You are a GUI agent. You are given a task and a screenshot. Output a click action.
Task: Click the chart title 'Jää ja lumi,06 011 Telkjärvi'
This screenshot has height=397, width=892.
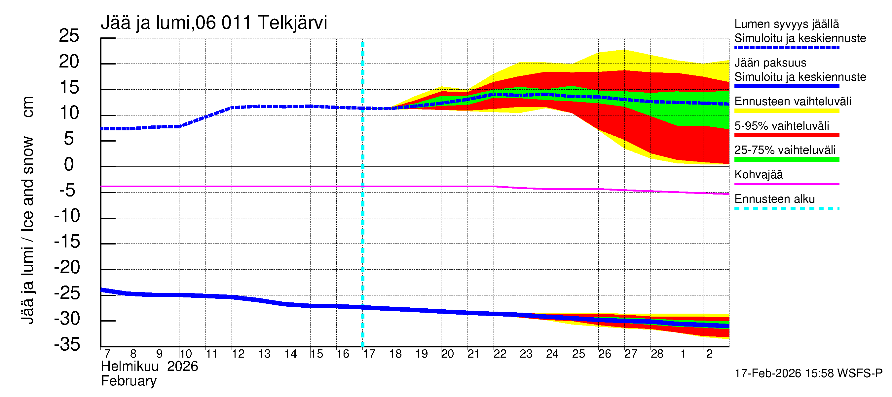tap(214, 23)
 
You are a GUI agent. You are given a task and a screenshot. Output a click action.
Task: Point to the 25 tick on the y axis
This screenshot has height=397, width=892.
tap(69, 36)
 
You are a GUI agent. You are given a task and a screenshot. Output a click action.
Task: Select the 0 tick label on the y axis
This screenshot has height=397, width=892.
tap(69, 164)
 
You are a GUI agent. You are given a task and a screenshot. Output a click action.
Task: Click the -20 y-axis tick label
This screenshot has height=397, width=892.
tap(67, 267)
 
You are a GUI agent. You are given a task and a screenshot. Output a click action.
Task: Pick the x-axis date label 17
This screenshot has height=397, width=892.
tap(369, 354)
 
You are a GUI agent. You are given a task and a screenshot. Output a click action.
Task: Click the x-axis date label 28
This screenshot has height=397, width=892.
tap(657, 354)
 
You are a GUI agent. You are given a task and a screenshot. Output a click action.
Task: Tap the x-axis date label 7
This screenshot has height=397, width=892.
tap(107, 354)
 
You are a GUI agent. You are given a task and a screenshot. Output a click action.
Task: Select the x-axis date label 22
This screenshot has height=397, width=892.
tap(500, 354)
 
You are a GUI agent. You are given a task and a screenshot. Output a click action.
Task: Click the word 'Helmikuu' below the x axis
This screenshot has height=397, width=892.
tap(130, 367)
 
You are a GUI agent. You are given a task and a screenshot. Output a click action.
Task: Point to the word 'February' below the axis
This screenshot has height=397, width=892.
tap(129, 381)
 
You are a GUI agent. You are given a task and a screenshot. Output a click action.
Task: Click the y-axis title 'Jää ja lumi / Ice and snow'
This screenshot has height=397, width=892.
tap(28, 230)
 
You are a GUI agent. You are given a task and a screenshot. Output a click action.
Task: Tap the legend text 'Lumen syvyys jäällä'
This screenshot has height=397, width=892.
tap(787, 24)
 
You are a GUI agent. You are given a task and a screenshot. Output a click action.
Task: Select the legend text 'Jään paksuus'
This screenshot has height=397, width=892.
tap(770, 63)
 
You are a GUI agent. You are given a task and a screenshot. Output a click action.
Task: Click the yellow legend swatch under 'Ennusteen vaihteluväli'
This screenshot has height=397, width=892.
tap(787, 111)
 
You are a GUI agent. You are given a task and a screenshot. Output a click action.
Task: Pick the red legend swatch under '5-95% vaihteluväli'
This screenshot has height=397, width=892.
tap(787, 135)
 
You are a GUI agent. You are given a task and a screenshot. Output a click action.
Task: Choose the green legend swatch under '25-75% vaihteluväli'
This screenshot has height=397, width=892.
tap(787, 159)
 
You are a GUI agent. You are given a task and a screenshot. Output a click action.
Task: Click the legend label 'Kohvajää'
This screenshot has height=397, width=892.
tap(759, 175)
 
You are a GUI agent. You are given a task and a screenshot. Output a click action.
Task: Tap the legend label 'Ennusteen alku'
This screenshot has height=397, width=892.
tap(775, 199)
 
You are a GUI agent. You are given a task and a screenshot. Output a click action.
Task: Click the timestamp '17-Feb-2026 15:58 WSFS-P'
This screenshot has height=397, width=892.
tap(808, 374)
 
